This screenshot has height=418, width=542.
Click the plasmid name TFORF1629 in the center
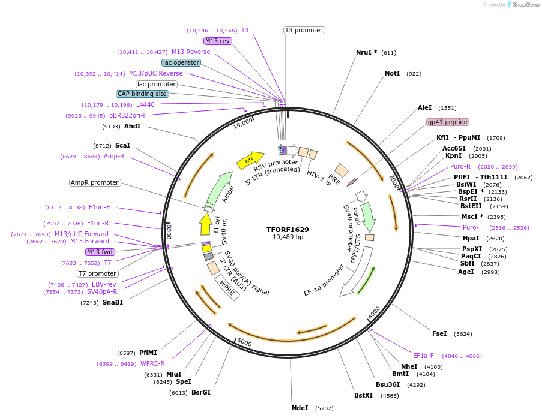pyautogui.click(x=288, y=229)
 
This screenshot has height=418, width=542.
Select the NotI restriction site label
pyautogui.click(x=392, y=73)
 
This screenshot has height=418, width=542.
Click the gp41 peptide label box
pyautogui.click(x=447, y=122)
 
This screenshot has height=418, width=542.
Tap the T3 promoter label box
pyautogui.click(x=304, y=30)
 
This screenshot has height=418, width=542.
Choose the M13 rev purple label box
pyautogui.click(x=217, y=41)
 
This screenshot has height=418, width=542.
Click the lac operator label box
pyautogui.click(x=181, y=62)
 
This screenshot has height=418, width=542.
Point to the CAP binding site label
pyautogui.click(x=142, y=94)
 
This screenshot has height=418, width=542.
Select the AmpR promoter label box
pyautogui.click(x=95, y=182)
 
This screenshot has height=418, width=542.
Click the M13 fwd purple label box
pyautogui.click(x=100, y=252)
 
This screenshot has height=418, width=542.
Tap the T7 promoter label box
pyautogui.click(x=98, y=273)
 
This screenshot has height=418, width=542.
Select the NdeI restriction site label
pyautogui.click(x=300, y=408)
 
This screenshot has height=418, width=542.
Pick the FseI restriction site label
pyautogui.click(x=439, y=333)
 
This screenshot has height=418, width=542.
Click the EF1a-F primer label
pyautogui.click(x=423, y=356)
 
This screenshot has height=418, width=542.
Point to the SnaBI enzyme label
pyautogui.click(x=112, y=302)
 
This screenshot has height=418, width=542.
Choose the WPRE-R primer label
pyautogui.click(x=152, y=363)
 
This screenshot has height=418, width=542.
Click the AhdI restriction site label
pyautogui.click(x=132, y=126)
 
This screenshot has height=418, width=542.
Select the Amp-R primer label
pyautogui.click(x=113, y=156)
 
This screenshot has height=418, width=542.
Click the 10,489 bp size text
pyautogui.click(x=288, y=237)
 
